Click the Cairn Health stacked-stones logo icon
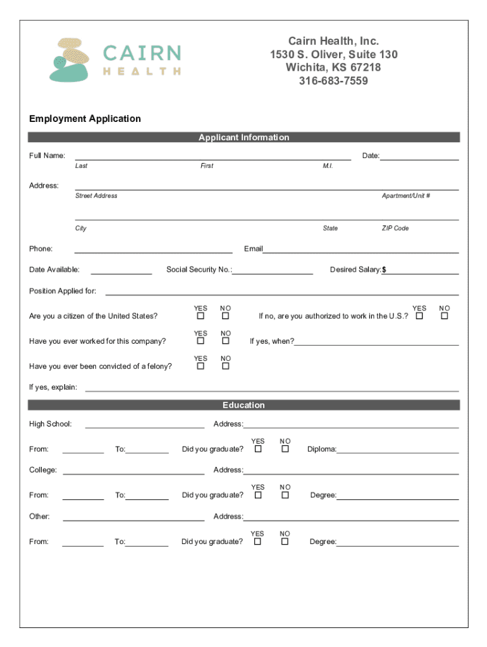[68, 61]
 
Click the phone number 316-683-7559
[333, 81]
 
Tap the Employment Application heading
[85, 119]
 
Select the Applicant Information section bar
[244, 137]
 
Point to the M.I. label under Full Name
[328, 166]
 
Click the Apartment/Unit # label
[405, 196]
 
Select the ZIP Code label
[395, 228]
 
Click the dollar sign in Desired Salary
[384, 270]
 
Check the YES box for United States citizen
[200, 316]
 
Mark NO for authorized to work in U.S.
[444, 316]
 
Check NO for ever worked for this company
[225, 341]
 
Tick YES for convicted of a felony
[200, 366]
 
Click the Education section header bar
[244, 405]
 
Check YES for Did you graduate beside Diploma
[257, 449]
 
